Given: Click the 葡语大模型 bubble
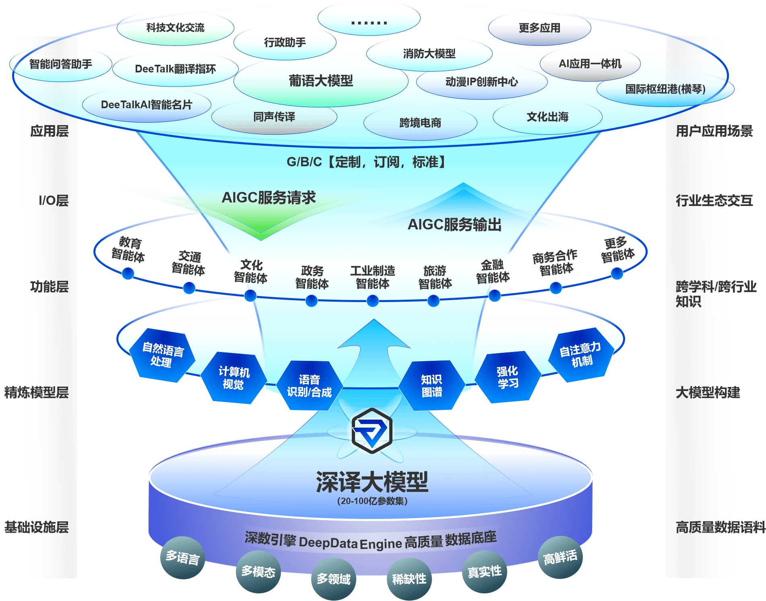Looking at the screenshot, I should [321, 81].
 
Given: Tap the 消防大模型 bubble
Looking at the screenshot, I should [429, 54].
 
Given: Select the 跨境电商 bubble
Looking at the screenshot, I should [420, 123].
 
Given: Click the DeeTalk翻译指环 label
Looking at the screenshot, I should [175, 69].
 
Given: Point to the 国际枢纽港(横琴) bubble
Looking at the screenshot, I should [665, 89].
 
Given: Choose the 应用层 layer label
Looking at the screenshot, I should [49, 131].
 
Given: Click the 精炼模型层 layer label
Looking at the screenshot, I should [36, 392].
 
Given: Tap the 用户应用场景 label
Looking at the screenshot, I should [714, 131].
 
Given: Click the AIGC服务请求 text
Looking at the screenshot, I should [268, 198].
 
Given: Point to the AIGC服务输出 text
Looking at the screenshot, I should [454, 224].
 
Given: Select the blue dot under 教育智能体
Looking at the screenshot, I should [128, 274].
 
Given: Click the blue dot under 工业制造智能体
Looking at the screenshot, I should [373, 300].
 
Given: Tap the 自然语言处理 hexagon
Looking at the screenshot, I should [163, 355].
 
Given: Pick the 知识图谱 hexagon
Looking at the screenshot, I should [432, 385].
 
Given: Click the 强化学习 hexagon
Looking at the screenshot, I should [507, 377].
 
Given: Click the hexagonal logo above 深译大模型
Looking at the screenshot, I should [372, 430].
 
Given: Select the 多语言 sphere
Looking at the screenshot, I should [183, 558].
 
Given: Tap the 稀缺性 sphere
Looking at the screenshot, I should [409, 579].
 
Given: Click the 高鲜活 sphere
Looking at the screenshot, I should [560, 558].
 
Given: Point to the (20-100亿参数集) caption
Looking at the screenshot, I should [372, 501].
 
